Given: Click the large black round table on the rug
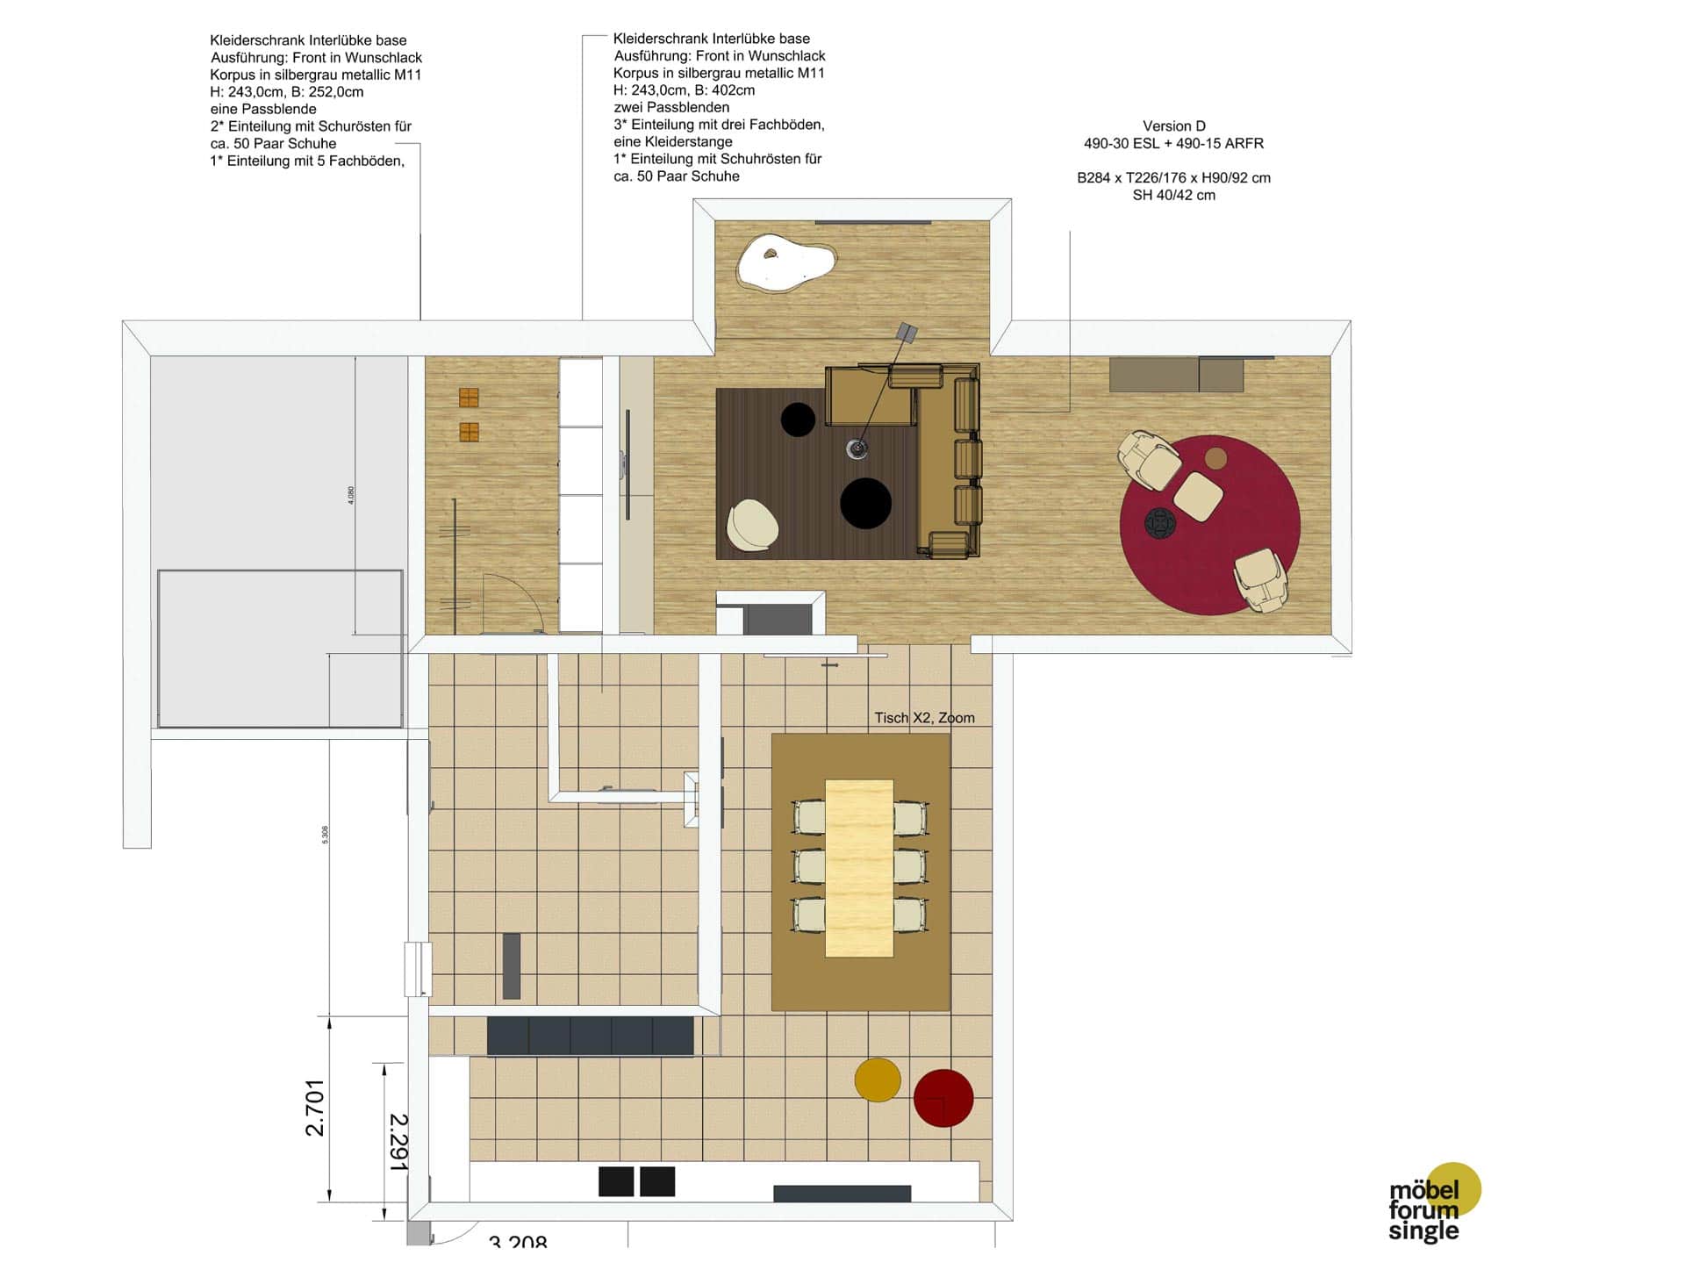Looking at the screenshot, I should pyautogui.click(x=865, y=503).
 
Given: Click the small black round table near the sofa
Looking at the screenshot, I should pyautogui.click(x=798, y=420).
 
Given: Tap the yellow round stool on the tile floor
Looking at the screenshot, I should pyautogui.click(x=878, y=1080).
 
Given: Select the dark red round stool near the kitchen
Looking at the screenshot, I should pyautogui.click(x=943, y=1098).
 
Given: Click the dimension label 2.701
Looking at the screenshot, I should pyautogui.click(x=315, y=1108).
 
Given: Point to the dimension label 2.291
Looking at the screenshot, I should pyautogui.click(x=398, y=1142).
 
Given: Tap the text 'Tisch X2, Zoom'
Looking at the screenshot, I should pyautogui.click(x=924, y=718).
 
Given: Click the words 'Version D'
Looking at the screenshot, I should pyautogui.click(x=1173, y=126).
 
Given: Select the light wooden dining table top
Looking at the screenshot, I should pyautogui.click(x=858, y=867).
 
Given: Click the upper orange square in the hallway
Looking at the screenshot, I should pyautogui.click(x=469, y=398).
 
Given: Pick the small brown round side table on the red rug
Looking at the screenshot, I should pyautogui.click(x=1215, y=458).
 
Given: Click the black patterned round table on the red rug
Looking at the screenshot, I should pyautogui.click(x=1159, y=524).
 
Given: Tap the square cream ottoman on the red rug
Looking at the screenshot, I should pyautogui.click(x=1198, y=497).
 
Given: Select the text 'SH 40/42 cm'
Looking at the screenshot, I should pyautogui.click(x=1173, y=196).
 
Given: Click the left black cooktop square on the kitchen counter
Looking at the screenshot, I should pyautogui.click(x=616, y=1181).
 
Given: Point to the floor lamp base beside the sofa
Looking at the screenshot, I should pyautogui.click(x=857, y=449).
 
